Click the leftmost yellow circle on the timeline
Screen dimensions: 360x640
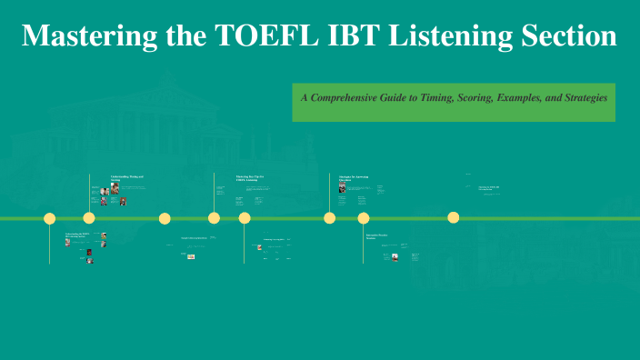click(x=50, y=218)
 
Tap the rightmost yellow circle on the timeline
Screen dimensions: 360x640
click(x=454, y=217)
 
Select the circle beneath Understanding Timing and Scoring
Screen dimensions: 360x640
click(x=89, y=218)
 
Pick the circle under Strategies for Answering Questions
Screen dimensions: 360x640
click(x=330, y=218)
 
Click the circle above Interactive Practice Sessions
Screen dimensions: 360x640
click(x=364, y=218)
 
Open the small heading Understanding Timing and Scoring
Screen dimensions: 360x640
click(x=127, y=177)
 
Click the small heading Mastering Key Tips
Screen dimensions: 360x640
click(x=251, y=177)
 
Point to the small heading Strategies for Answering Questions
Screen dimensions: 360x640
click(x=354, y=177)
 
